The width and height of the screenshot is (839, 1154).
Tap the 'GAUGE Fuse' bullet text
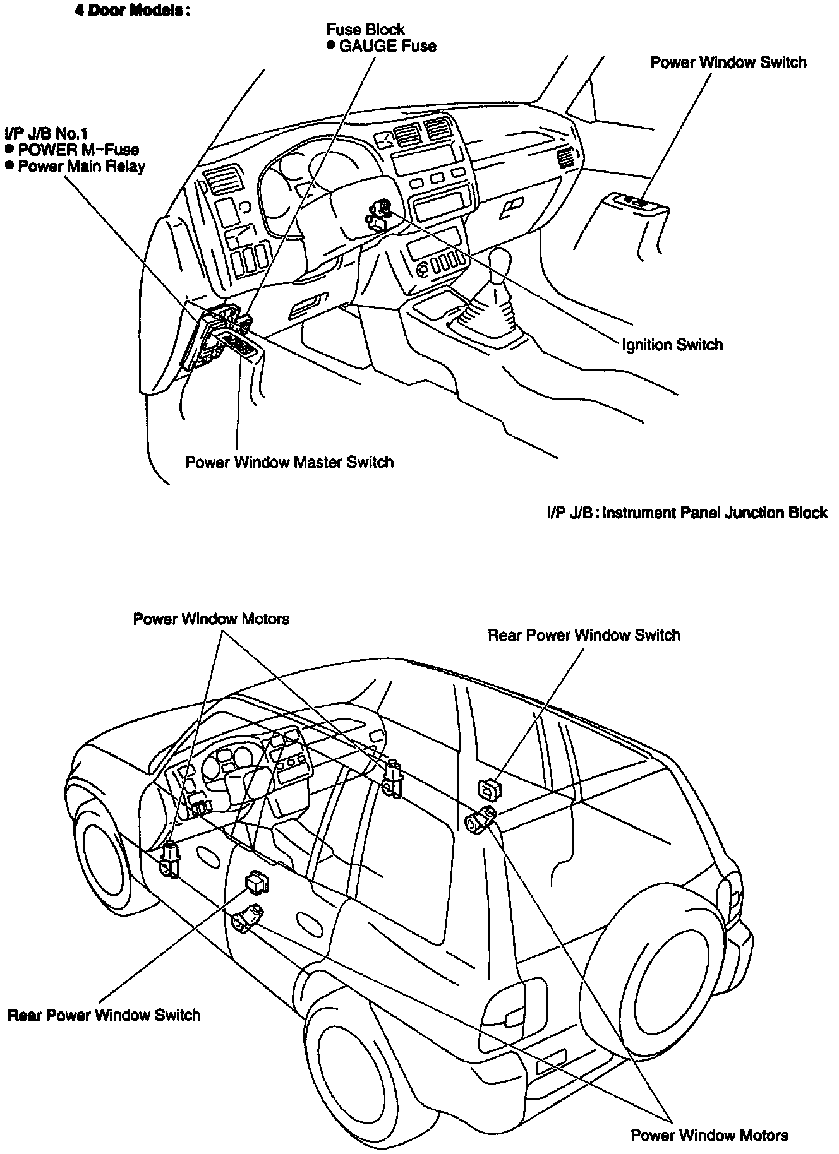point(387,46)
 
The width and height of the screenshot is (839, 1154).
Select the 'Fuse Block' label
point(365,29)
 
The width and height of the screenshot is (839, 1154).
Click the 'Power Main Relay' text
point(81,167)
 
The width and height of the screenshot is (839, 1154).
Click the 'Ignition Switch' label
point(672,345)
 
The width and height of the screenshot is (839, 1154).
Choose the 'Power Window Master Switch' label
point(289,462)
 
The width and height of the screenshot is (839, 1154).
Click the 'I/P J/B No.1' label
point(45,133)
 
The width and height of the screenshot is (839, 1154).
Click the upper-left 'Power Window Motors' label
point(211,619)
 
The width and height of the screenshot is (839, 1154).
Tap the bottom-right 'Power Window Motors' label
point(709,1135)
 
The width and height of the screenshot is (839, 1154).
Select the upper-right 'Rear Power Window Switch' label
point(584,635)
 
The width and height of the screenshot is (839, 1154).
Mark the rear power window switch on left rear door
point(256,882)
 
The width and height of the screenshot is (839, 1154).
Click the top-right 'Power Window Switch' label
point(728,62)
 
